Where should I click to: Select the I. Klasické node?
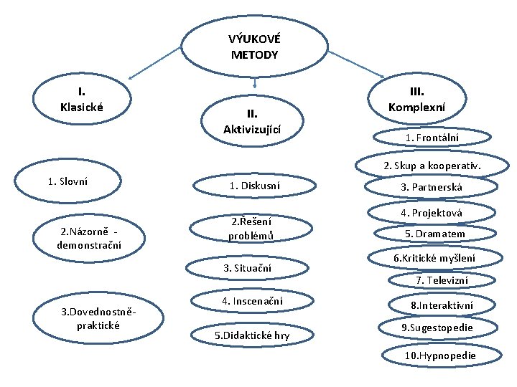click(82, 100)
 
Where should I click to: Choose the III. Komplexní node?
click(416, 100)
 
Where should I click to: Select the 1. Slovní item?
click(67, 181)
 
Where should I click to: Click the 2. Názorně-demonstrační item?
click(89, 239)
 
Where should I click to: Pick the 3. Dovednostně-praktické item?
click(99, 318)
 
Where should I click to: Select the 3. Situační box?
click(248, 268)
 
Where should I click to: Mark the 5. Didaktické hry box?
click(252, 335)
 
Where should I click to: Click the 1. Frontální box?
click(432, 138)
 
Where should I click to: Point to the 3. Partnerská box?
click(432, 188)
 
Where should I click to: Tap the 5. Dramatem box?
click(434, 234)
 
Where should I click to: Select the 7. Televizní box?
click(442, 280)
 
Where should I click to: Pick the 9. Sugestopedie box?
click(437, 328)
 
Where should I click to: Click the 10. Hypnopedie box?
click(440, 355)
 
